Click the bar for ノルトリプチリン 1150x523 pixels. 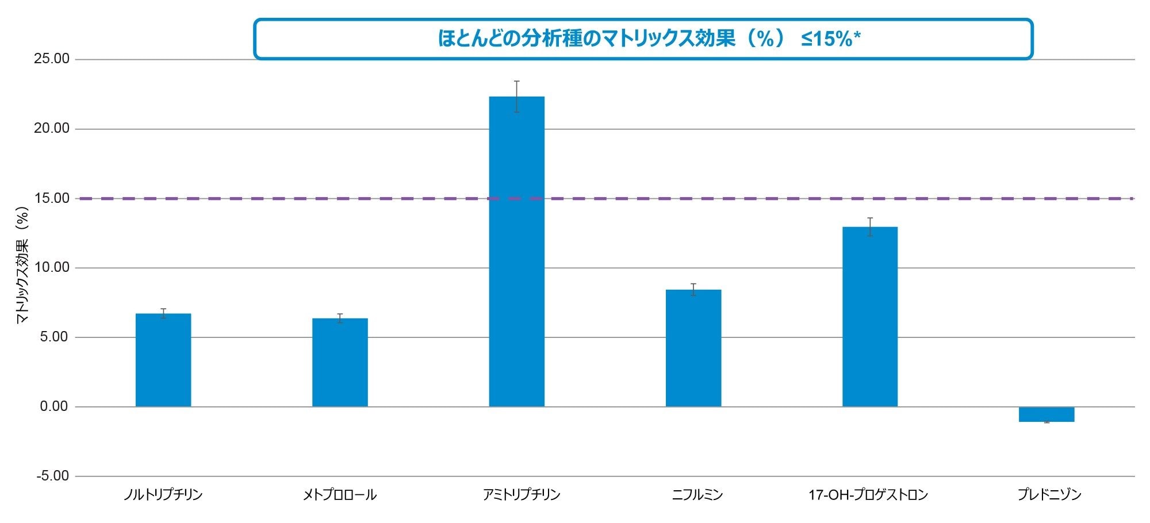[163, 360]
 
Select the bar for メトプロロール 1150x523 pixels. [340, 363]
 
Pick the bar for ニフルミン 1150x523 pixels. [693, 348]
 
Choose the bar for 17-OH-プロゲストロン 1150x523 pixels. [870, 317]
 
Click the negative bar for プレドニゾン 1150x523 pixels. [1046, 414]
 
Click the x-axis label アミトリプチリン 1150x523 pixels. [522, 495]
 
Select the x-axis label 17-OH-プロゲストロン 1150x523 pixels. [868, 495]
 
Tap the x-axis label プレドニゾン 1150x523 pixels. [1049, 495]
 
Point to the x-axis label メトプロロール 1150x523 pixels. [340, 495]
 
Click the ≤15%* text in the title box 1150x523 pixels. [830, 39]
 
